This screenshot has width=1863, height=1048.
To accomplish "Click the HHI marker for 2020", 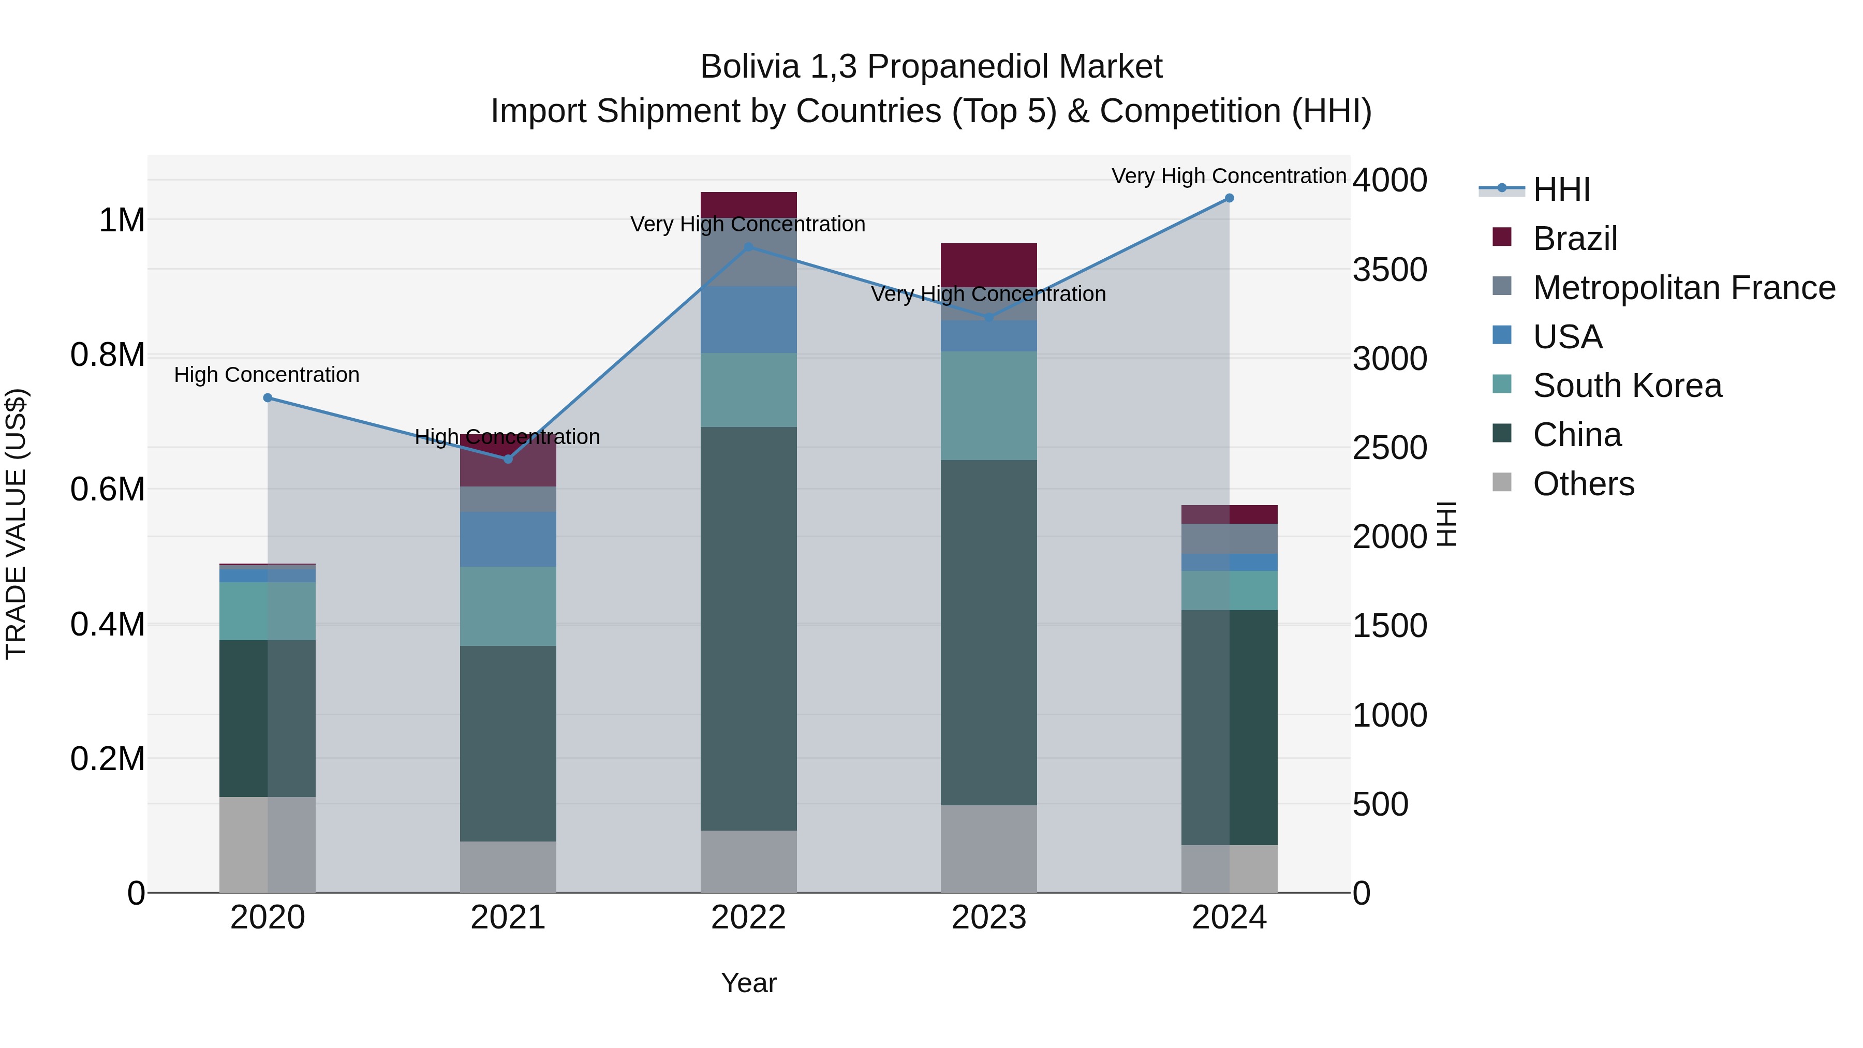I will click(268, 398).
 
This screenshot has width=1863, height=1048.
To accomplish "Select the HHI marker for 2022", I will click(748, 247).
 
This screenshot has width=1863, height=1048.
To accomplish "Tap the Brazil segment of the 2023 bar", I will click(988, 264).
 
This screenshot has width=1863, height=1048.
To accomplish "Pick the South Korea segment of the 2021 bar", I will click(508, 606).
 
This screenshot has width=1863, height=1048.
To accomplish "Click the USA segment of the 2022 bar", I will click(748, 320).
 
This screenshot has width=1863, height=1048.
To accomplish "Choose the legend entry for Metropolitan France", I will click(1683, 288).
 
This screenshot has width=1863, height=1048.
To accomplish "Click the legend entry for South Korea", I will click(1627, 386).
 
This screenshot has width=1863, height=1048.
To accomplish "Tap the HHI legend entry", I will click(1561, 189).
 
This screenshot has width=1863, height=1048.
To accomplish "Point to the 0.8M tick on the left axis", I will click(108, 355).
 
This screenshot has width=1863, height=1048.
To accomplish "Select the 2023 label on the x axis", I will click(988, 918).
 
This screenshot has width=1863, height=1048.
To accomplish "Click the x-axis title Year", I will click(748, 983).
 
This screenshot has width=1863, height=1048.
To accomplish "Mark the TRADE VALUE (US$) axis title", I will click(17, 524).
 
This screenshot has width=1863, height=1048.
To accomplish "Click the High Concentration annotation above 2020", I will click(267, 375).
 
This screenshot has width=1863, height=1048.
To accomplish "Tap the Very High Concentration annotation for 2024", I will click(1228, 176).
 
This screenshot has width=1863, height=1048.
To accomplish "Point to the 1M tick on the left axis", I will click(122, 220).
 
